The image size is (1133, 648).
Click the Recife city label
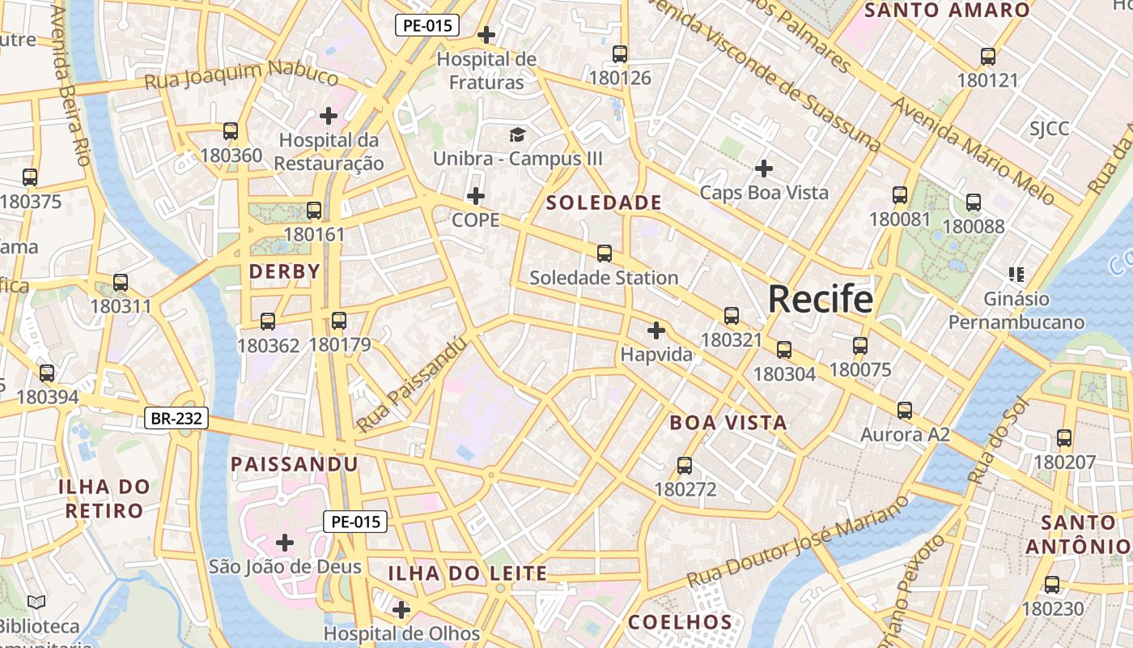click(820, 300)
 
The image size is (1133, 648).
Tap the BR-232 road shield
click(176, 419)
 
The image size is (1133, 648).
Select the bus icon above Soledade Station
click(604, 254)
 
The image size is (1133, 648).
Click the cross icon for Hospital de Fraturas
click(486, 35)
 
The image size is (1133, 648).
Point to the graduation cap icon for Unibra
click(517, 134)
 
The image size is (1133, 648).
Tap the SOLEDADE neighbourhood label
click(604, 202)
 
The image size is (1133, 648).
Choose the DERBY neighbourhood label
click(285, 271)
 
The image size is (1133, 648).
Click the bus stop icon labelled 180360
click(231, 131)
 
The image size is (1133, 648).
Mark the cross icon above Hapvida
click(656, 330)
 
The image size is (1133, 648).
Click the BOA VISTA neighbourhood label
click(728, 423)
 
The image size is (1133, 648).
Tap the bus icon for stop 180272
click(685, 466)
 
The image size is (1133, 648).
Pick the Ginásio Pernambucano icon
click(1016, 275)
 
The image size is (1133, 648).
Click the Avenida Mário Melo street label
click(973, 151)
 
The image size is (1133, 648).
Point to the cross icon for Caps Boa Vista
click(763, 168)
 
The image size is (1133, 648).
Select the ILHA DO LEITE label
click(468, 574)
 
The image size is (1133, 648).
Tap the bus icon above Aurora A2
click(904, 411)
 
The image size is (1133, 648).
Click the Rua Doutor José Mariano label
click(797, 542)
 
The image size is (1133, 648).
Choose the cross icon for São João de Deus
click(284, 542)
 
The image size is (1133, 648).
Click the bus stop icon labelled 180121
click(987, 57)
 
